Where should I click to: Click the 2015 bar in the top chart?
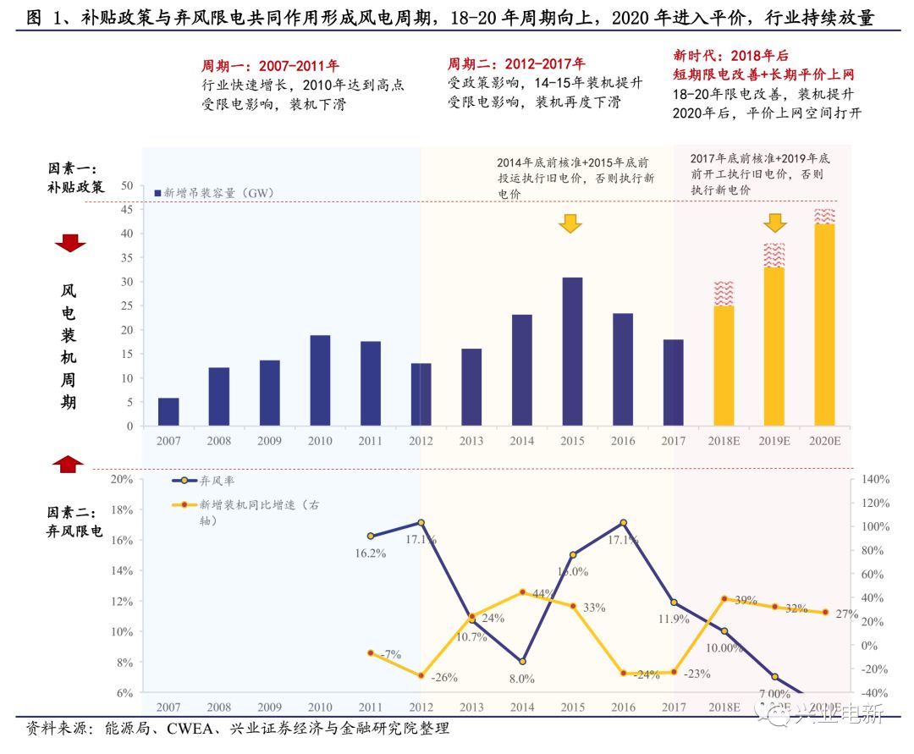point(572,351)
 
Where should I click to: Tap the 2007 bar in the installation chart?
point(168,411)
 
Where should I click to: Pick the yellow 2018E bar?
point(724,366)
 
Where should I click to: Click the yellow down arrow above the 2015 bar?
point(571,223)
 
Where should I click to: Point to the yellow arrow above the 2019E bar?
point(775,223)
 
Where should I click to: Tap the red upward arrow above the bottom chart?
point(70,463)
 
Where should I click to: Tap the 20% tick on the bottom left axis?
point(123,479)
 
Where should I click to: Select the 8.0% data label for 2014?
point(521,678)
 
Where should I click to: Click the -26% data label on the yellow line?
point(444,678)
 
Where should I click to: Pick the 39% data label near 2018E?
point(746,600)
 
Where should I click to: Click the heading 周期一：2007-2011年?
point(269,65)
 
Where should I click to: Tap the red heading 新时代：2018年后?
point(730,52)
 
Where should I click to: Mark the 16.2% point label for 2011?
point(371,553)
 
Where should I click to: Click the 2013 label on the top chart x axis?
point(471,441)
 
